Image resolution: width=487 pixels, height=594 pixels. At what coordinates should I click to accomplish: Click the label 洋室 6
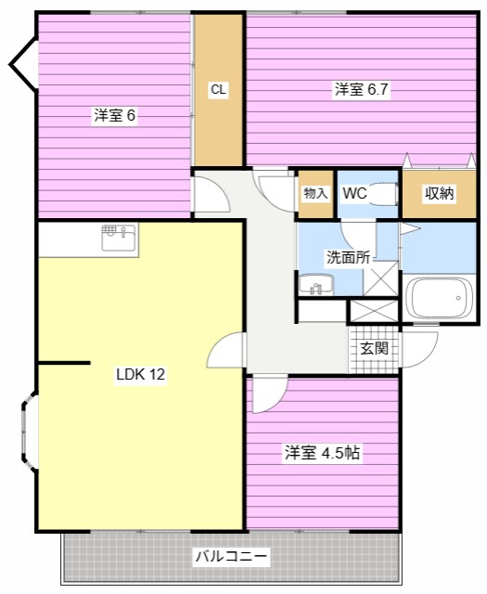[x=115, y=116]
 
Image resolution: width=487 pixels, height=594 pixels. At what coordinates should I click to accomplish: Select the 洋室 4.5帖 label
[x=322, y=453]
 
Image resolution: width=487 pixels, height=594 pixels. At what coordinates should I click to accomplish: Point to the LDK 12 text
[x=140, y=375]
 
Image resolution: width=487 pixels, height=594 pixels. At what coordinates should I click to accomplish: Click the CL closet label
[x=218, y=90]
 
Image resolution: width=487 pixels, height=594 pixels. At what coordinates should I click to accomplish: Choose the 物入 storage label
[x=315, y=193]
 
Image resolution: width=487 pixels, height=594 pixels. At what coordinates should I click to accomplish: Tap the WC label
[x=355, y=193]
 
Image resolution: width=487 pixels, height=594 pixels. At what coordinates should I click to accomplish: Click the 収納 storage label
[x=439, y=193]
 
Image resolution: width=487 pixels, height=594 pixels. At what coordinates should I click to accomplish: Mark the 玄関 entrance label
[x=374, y=349]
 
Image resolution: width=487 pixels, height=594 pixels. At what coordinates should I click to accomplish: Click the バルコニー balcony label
[x=231, y=557]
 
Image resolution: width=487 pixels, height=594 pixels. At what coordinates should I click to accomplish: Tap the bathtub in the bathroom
[x=438, y=299]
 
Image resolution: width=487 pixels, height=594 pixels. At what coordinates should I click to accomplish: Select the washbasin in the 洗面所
[x=316, y=285]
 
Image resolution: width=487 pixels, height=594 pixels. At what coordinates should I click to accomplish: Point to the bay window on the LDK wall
[x=28, y=433]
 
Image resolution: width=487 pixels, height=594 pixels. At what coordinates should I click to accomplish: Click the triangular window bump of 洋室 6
[x=22, y=64]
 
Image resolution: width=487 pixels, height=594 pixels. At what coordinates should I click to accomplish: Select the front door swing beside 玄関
[x=420, y=349]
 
